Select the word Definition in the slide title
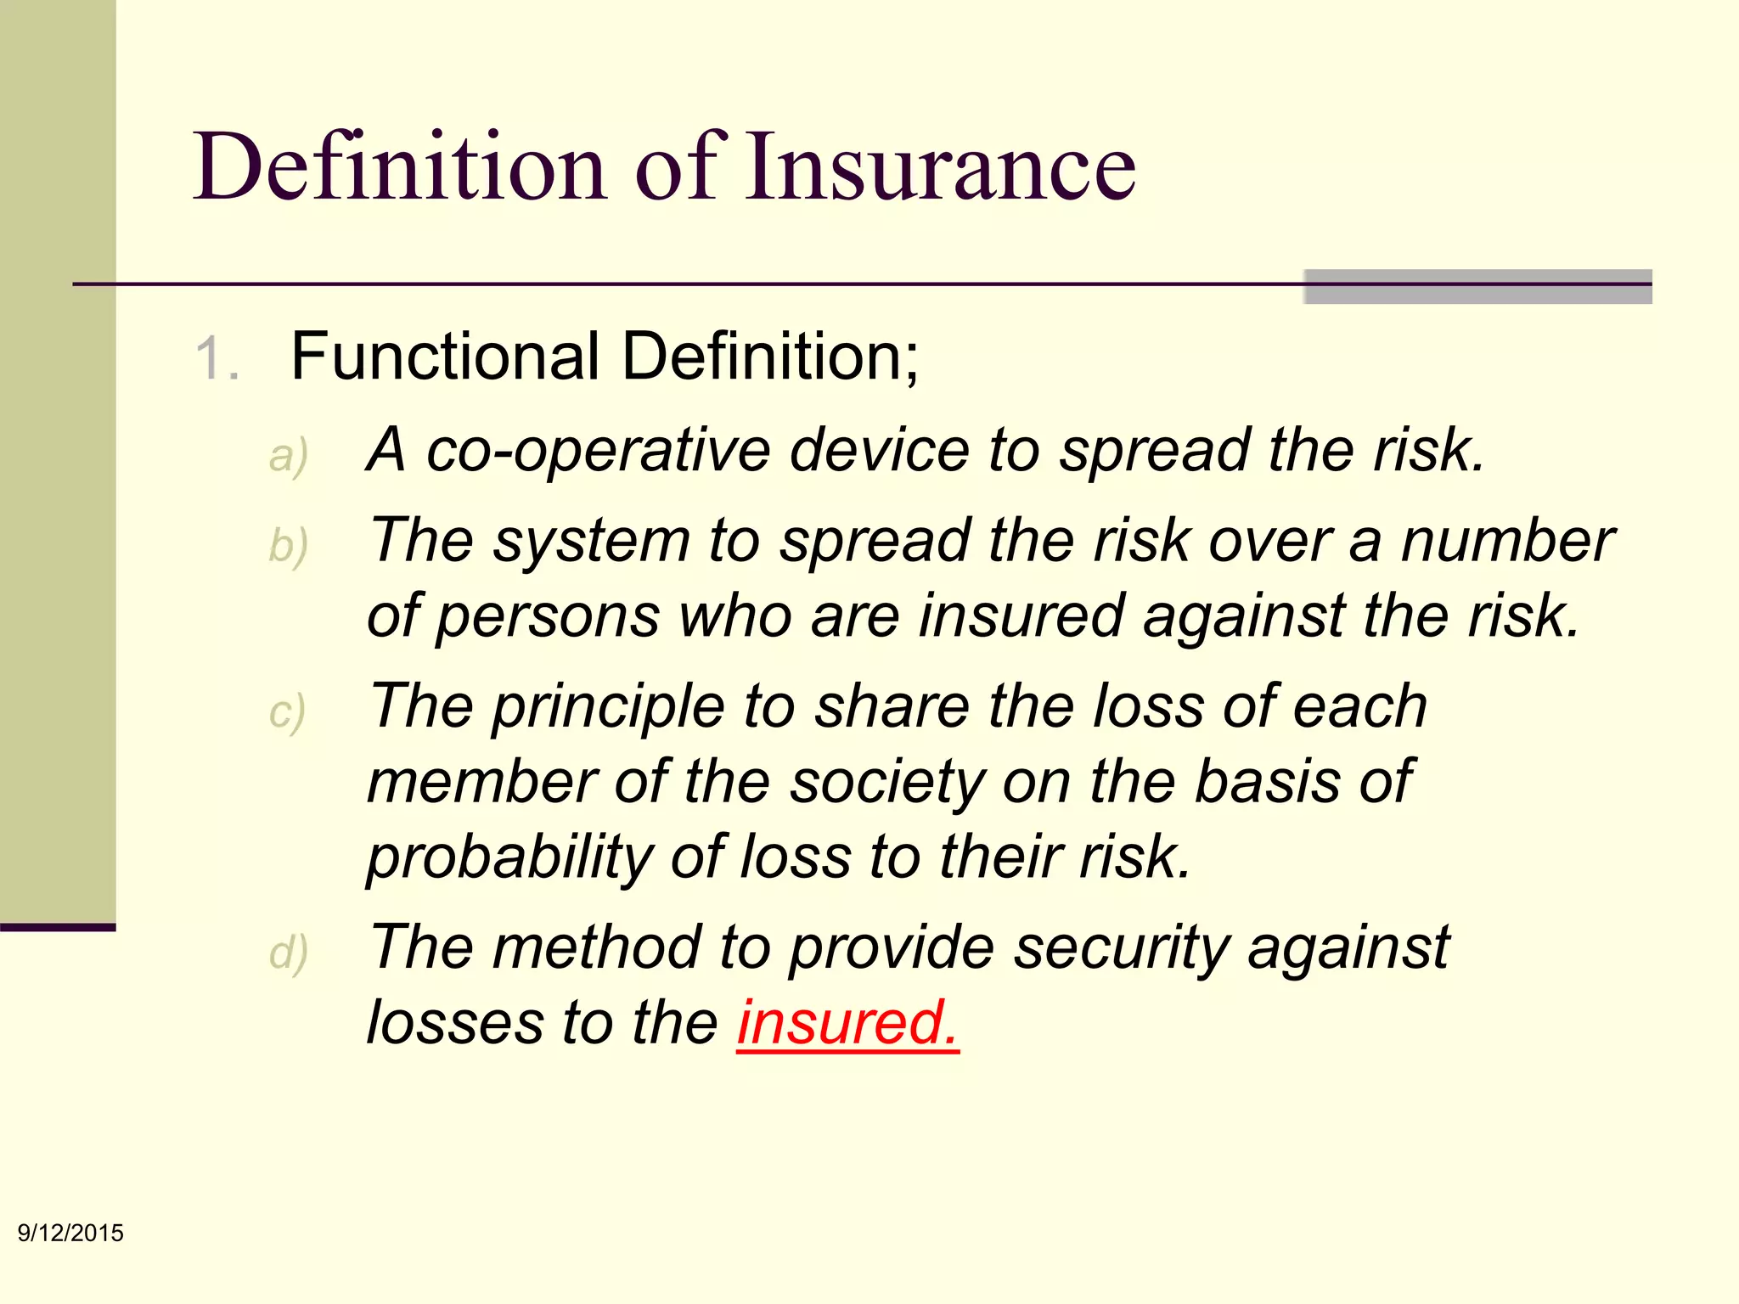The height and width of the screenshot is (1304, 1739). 399,166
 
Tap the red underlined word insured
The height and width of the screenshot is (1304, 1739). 847,1022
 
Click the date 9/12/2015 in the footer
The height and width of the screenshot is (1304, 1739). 70,1233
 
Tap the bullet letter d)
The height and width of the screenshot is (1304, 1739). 288,953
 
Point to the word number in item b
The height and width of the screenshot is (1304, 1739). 1507,540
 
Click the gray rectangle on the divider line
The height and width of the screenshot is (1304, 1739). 1477,286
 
